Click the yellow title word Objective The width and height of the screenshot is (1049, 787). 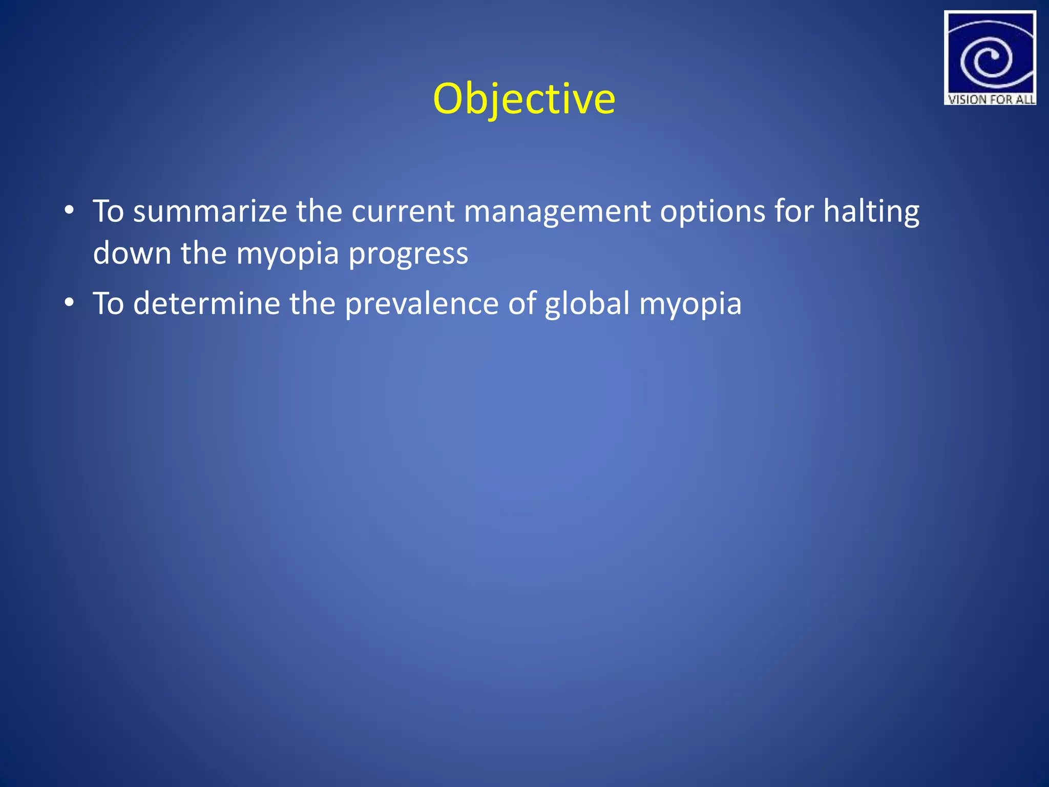tap(523, 98)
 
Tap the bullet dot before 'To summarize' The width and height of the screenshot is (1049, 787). tap(69, 210)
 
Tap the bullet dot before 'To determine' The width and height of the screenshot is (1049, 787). tap(69, 303)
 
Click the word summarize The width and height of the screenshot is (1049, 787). tap(210, 211)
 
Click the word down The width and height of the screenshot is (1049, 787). tap(132, 253)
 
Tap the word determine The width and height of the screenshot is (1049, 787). tap(206, 303)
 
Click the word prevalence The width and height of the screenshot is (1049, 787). tap(421, 304)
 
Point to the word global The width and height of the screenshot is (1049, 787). tap(587, 304)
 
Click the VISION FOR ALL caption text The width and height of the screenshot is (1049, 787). tap(991, 99)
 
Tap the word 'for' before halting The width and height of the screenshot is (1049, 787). tap(793, 211)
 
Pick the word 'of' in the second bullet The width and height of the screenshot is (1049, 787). tap(521, 303)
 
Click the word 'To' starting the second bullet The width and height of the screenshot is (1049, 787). tap(108, 303)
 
